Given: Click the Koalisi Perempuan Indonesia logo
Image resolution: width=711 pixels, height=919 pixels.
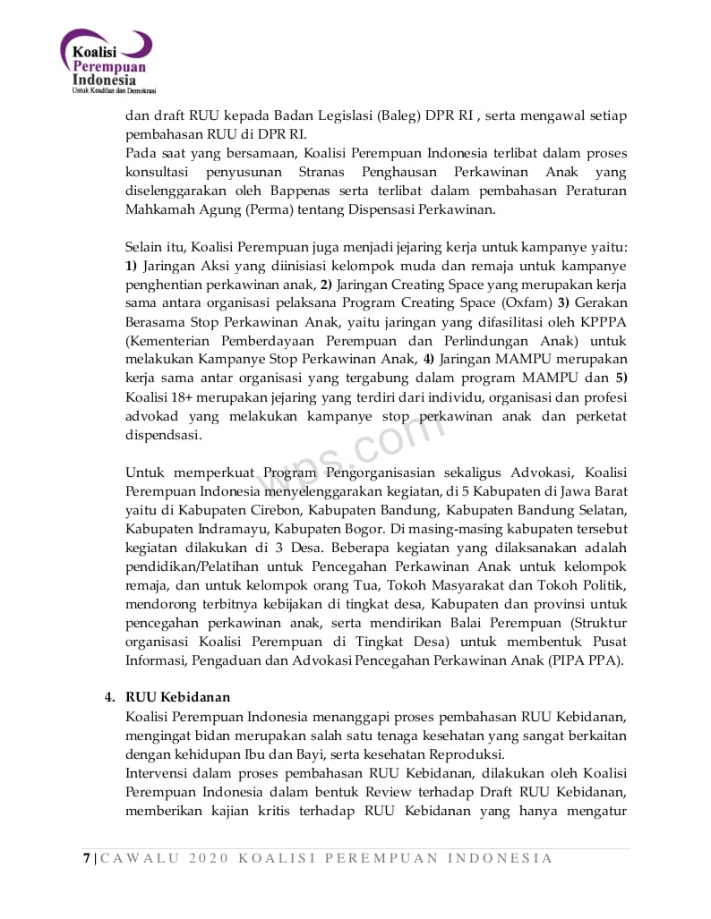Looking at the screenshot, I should click(x=108, y=63).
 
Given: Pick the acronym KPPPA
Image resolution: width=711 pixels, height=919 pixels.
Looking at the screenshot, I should click(x=604, y=322).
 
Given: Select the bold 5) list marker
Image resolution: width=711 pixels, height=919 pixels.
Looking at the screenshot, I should click(x=621, y=379).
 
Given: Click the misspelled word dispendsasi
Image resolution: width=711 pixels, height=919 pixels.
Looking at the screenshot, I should click(x=164, y=435).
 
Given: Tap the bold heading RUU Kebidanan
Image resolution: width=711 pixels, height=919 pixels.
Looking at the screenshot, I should click(x=178, y=697).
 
